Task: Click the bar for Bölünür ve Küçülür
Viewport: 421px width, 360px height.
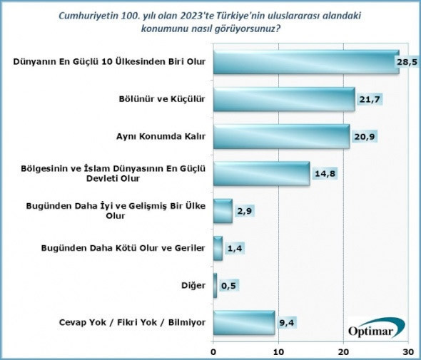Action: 284,99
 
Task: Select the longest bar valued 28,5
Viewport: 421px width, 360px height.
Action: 305,62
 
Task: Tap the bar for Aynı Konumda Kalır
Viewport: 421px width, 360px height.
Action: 281,136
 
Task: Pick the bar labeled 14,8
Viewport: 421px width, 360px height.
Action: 261,173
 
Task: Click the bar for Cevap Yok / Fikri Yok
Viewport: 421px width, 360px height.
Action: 244,322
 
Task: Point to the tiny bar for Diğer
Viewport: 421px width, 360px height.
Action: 215,285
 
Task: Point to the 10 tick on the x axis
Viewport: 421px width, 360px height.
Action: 279,351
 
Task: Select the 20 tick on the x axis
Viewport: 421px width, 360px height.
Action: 344,351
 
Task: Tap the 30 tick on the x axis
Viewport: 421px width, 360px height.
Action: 408,351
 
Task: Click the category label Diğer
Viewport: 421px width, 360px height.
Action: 194,285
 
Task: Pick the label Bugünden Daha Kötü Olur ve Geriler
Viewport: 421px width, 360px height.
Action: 135,248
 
